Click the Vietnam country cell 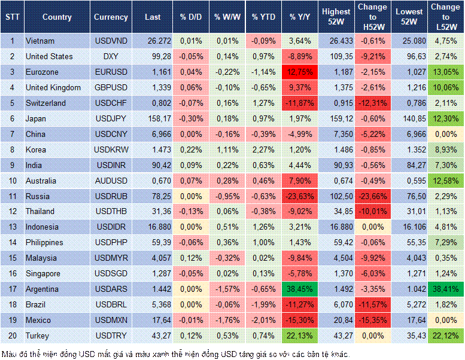41,41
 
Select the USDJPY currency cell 111,118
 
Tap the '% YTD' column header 263,17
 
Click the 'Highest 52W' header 336,17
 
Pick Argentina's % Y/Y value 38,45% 300,289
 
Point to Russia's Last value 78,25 153,196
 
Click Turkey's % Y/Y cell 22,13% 300,335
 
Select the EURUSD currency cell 111,72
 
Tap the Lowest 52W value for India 410,165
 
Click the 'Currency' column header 111,17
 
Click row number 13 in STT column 12,227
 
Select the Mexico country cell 38,320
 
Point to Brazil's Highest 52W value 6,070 336,304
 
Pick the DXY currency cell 111,56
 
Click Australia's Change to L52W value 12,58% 446,181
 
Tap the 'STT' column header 12,17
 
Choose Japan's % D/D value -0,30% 190,118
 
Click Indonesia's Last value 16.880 153,227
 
